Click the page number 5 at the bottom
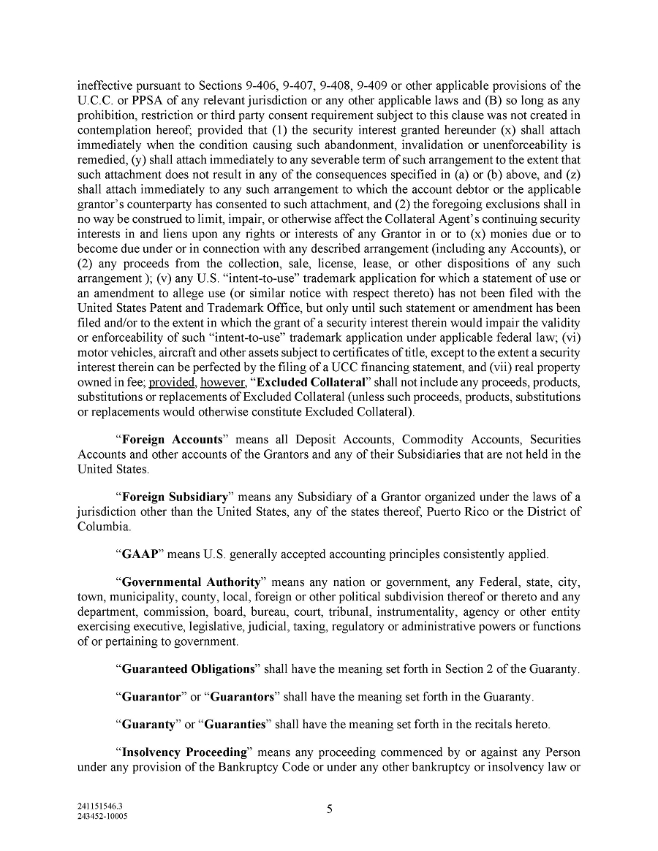tap(329, 809)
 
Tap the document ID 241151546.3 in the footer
tap(100, 808)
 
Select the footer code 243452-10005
tap(102, 817)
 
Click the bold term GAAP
tap(137, 554)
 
